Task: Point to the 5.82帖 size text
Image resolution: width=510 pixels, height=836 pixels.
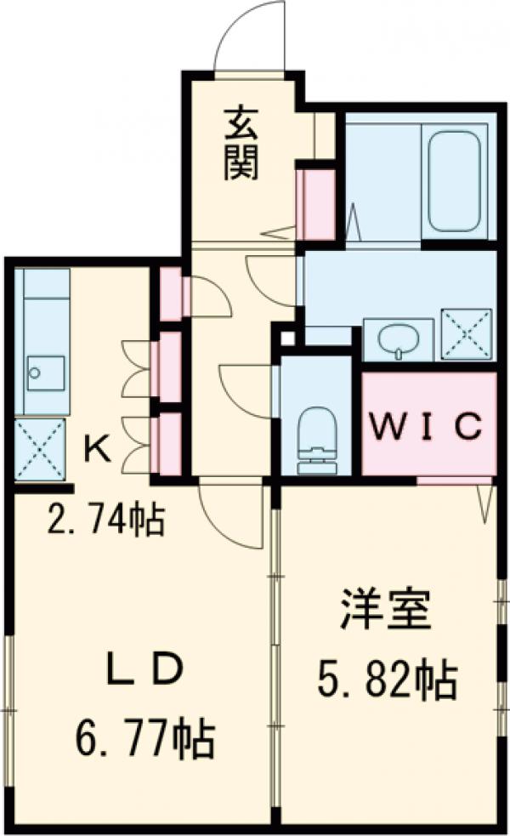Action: click(x=388, y=678)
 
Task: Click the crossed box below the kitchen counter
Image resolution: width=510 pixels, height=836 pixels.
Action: click(x=40, y=448)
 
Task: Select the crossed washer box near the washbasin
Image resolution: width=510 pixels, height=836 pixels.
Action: click(x=466, y=333)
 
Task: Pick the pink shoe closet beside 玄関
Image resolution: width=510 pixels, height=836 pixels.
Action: click(x=314, y=204)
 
